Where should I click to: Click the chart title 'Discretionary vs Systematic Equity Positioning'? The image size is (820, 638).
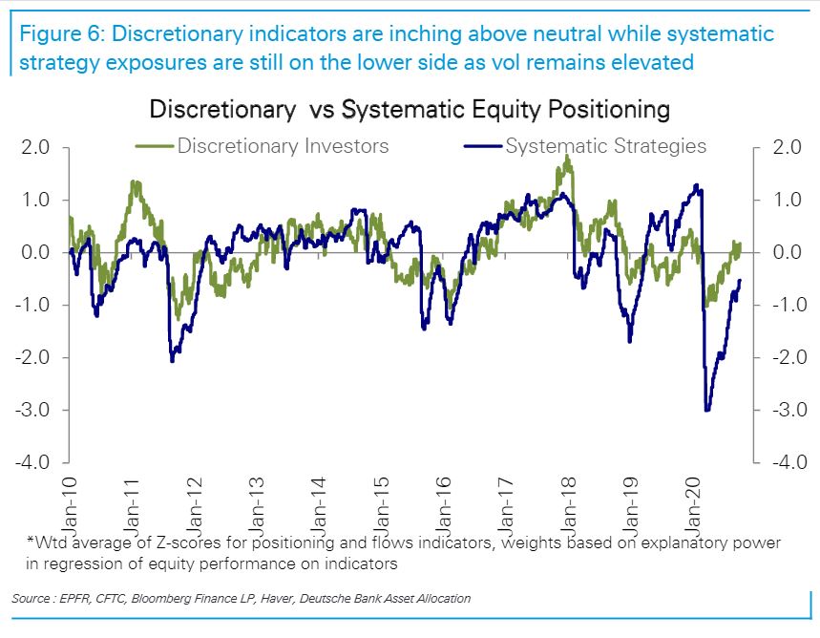(x=410, y=109)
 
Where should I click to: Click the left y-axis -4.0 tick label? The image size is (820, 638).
(x=32, y=463)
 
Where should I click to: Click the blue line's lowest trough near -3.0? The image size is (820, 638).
(x=706, y=410)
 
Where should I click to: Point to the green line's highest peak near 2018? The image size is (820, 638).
(x=568, y=158)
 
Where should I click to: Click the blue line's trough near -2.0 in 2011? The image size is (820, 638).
(x=172, y=360)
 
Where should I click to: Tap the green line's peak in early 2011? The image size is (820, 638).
(x=135, y=181)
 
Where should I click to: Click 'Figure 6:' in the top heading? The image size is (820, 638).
(x=60, y=35)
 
